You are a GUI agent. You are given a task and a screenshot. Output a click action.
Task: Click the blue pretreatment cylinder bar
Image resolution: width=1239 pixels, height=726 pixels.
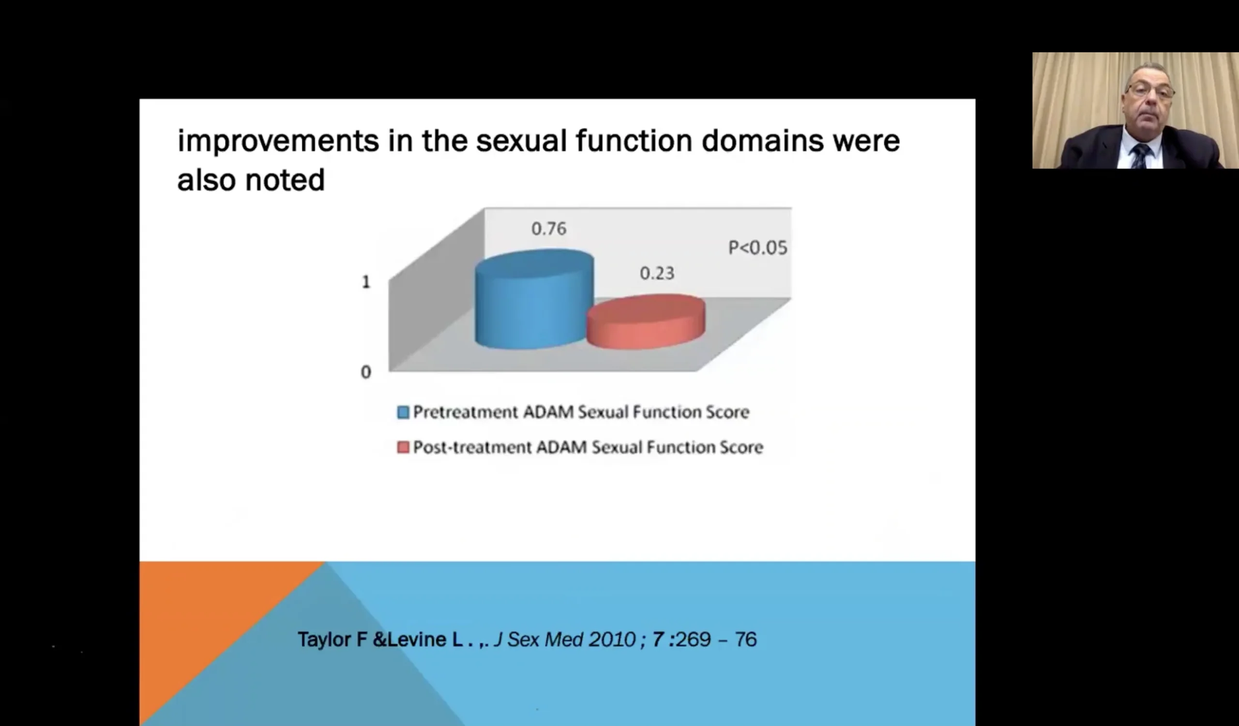(x=534, y=299)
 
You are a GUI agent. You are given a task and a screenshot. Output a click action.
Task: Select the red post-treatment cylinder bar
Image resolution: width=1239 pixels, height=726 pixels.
(x=646, y=322)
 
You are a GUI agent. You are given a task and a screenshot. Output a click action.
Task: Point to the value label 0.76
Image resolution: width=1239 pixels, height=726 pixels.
(x=549, y=228)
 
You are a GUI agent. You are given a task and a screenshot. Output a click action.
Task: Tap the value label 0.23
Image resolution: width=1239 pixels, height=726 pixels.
(x=657, y=273)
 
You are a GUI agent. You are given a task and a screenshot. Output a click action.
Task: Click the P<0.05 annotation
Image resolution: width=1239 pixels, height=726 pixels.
(x=757, y=247)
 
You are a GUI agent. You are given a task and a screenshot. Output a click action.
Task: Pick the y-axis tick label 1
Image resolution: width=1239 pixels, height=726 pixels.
(x=366, y=282)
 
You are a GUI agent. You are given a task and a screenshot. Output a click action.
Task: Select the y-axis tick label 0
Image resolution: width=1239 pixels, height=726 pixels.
(x=366, y=372)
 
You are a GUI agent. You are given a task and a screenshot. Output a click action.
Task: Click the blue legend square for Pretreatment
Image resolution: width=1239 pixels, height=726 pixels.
(x=403, y=412)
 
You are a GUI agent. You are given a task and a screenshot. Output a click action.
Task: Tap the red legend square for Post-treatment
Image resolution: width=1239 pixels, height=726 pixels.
(x=403, y=447)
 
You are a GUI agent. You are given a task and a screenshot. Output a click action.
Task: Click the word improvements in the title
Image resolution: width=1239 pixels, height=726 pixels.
(x=278, y=141)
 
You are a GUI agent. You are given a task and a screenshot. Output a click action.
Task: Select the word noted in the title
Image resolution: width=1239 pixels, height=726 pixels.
(x=285, y=180)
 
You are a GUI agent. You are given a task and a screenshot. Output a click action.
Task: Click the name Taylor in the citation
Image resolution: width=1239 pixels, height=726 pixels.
(x=324, y=640)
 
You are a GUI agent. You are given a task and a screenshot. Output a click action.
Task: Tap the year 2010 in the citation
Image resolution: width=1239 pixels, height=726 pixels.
(x=612, y=639)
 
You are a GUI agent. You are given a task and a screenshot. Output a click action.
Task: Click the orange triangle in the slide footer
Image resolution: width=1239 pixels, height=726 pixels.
(x=207, y=620)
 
